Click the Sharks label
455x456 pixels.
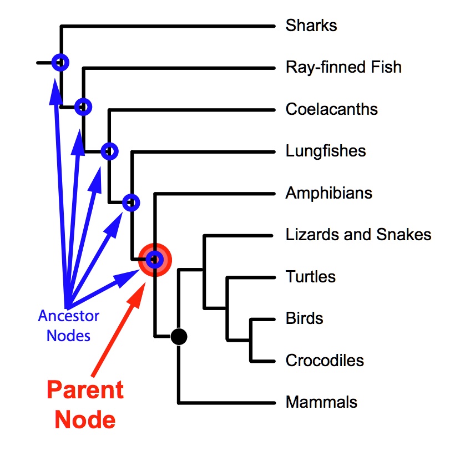311,26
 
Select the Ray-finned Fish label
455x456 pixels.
343,68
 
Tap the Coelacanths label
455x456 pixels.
331,109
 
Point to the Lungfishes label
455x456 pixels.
325,151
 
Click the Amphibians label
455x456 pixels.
328,193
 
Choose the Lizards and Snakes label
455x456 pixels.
358,235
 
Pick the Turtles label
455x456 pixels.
310,276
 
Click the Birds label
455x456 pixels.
304,318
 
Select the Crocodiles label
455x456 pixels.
325,360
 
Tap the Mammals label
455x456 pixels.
321,402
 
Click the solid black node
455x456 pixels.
179,336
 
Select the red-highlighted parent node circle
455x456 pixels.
155,259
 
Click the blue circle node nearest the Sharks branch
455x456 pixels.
60,63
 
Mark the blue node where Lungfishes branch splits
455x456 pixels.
131,203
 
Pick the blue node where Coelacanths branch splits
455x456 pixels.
109,151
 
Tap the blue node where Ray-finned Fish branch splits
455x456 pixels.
83,106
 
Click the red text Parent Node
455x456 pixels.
85,404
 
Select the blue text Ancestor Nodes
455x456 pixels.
68,326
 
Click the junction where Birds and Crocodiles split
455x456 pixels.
251,340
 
